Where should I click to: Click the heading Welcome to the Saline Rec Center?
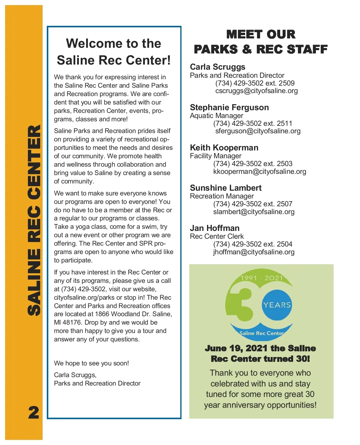coord(114,52)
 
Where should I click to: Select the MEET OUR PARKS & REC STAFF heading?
coord(261,42)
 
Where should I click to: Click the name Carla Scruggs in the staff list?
coord(217,67)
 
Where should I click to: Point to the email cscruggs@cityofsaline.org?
coord(256,91)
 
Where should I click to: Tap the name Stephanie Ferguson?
coord(229,107)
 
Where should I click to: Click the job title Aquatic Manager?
coord(216,116)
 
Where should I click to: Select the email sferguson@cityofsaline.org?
coord(258,131)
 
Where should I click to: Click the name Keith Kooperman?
coord(224,148)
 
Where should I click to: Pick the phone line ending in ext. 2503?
coord(253,164)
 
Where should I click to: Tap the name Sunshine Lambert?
coord(226,188)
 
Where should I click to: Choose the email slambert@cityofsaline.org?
coord(254,212)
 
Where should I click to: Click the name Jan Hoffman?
coord(214,228)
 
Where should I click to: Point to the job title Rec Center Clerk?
coord(217,237)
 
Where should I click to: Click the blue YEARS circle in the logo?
coord(277,305)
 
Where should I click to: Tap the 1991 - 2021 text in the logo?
coord(262,278)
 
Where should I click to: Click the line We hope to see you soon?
coord(91,363)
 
